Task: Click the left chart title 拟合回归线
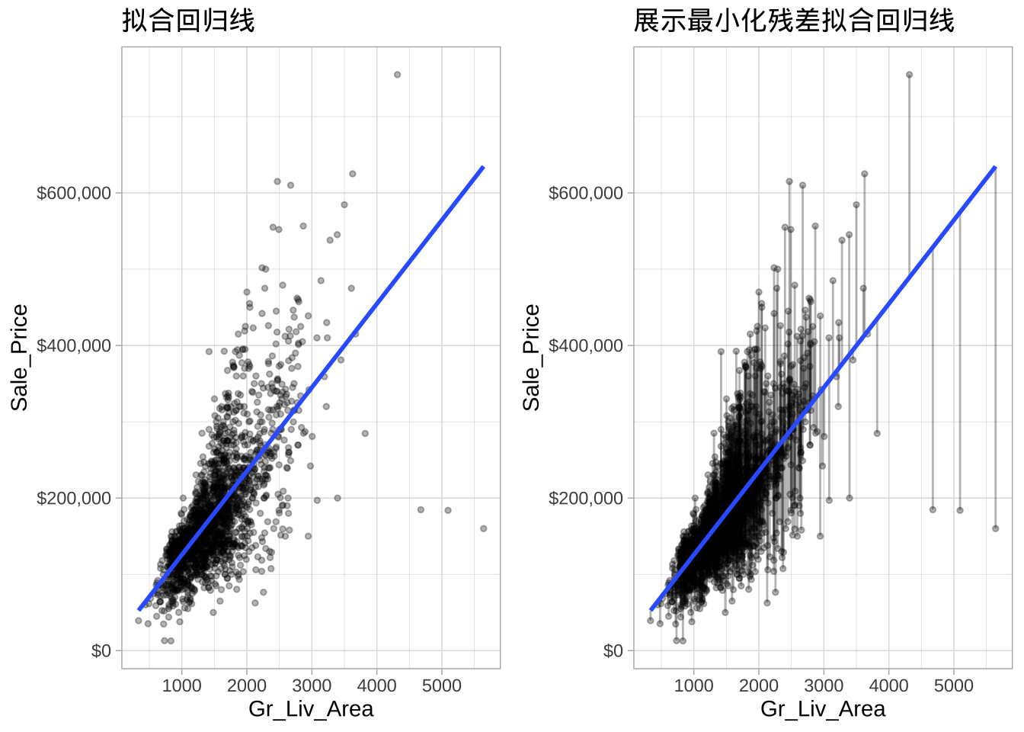click(x=188, y=21)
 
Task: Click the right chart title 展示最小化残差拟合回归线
click(x=793, y=21)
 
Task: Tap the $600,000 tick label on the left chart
click(x=74, y=193)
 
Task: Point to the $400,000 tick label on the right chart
click(x=586, y=345)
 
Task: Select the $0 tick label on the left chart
click(x=101, y=650)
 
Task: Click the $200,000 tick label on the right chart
click(x=586, y=498)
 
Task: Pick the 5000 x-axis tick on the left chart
click(x=442, y=685)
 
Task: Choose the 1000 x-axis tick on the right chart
click(x=693, y=685)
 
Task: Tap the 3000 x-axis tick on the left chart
click(x=312, y=685)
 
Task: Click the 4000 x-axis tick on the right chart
click(x=888, y=685)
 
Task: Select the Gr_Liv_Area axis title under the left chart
click(x=311, y=709)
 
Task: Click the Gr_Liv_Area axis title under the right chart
click(x=823, y=709)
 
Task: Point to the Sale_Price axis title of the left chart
click(x=19, y=358)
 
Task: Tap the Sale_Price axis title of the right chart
click(x=531, y=358)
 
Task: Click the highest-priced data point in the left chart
click(x=397, y=75)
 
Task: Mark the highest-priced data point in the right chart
click(x=909, y=75)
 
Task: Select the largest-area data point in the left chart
click(x=483, y=528)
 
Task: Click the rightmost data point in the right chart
click(x=995, y=528)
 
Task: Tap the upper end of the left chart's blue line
click(x=483, y=167)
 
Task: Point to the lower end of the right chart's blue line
click(x=651, y=609)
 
